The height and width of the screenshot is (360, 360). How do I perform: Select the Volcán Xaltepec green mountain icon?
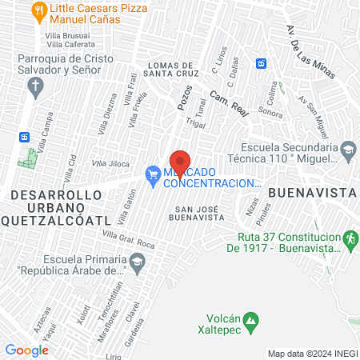252,322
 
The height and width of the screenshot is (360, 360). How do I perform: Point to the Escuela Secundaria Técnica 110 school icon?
348,150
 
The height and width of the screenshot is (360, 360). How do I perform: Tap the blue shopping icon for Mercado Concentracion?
151,173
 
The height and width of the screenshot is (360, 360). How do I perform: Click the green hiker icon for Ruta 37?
349,238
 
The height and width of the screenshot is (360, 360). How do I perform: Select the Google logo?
26,350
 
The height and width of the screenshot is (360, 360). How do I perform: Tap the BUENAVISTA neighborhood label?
311,193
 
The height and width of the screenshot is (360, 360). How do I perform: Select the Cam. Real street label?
230,101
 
